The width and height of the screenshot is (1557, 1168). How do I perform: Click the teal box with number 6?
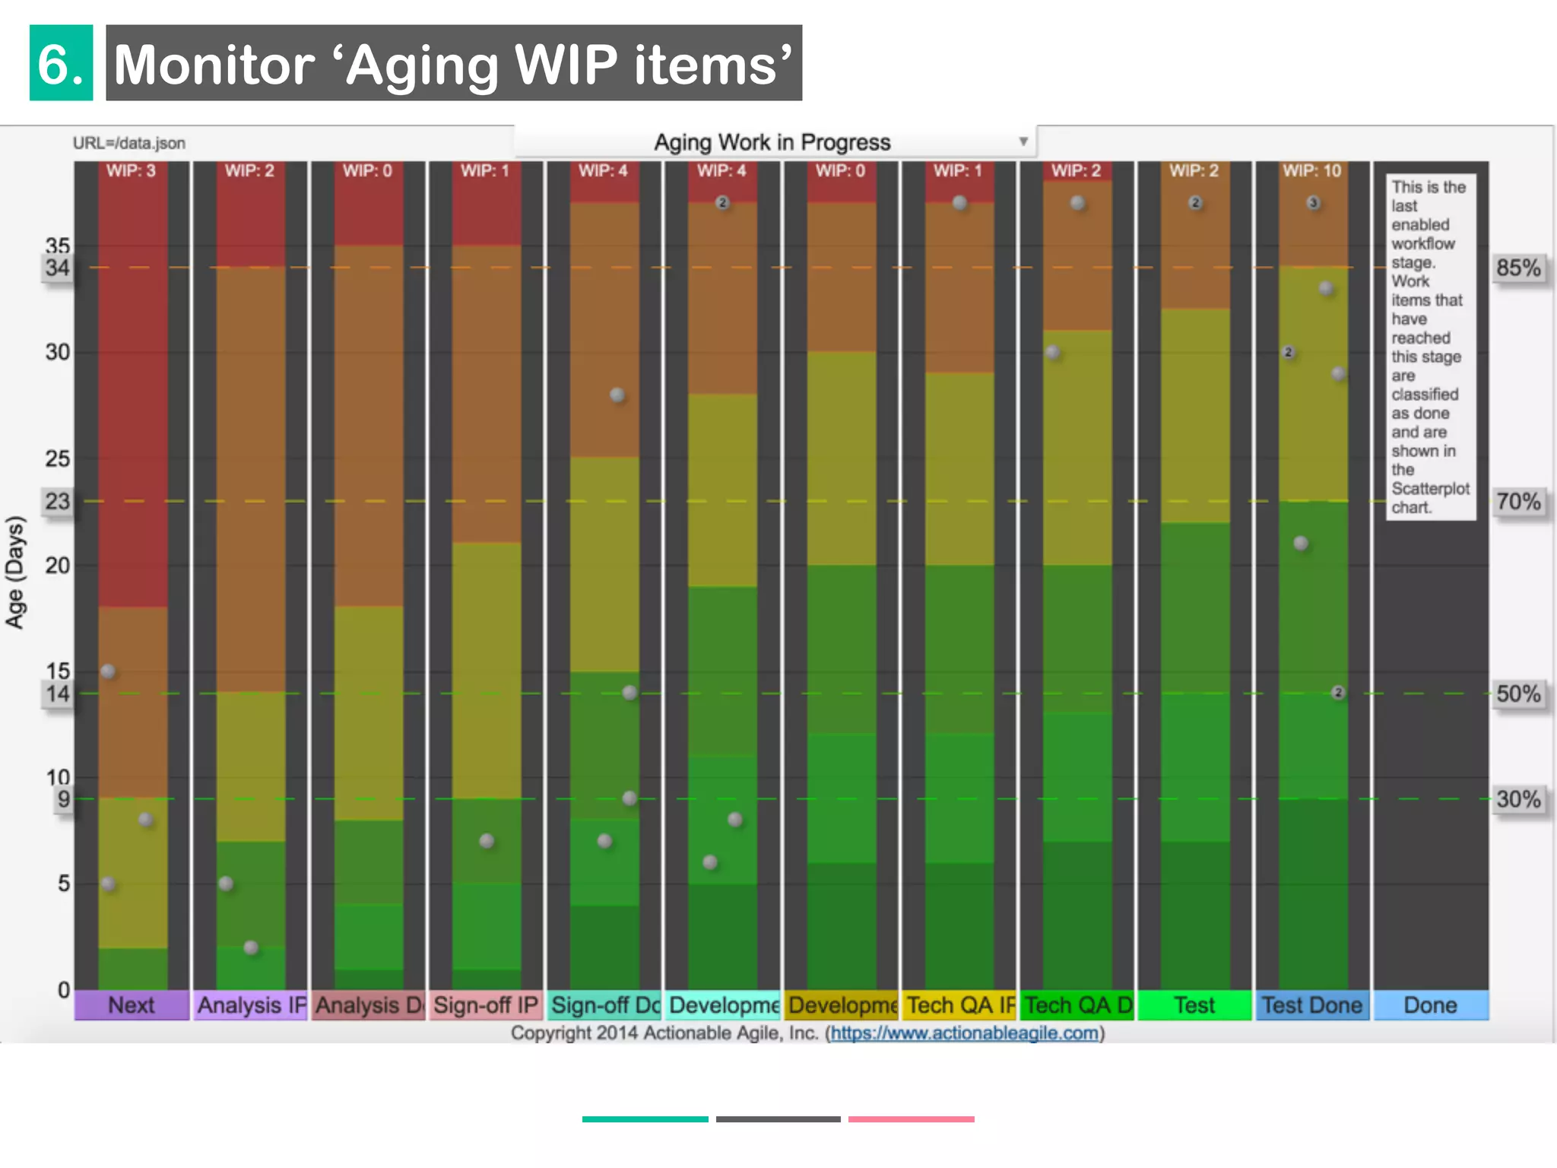[x=61, y=63]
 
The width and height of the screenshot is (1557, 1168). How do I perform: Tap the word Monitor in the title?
[x=214, y=65]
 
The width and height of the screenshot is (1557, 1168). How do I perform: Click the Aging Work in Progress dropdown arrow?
[x=1023, y=141]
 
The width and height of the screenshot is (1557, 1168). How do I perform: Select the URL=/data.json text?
[x=129, y=143]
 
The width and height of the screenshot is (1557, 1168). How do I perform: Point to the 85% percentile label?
[x=1517, y=268]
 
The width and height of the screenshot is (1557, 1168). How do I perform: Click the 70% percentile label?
[x=1517, y=501]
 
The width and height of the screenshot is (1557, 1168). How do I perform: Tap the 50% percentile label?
[x=1517, y=693]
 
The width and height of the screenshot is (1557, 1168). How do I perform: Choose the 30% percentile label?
[x=1517, y=799]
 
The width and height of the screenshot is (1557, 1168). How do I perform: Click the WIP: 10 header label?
[x=1311, y=171]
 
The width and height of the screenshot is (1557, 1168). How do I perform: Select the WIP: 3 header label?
[x=131, y=171]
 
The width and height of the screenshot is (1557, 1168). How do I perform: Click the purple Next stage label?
[x=131, y=1005]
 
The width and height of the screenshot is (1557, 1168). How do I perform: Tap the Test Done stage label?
[x=1311, y=1005]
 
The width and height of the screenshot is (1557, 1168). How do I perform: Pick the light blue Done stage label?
[x=1430, y=1005]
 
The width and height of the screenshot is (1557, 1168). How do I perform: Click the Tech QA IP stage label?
[x=959, y=1005]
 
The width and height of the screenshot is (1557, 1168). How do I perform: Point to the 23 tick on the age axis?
[x=57, y=501]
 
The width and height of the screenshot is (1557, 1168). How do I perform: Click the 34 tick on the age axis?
[x=57, y=268]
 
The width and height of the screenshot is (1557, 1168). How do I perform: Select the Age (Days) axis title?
[x=15, y=572]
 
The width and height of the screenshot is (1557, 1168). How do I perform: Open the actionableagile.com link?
[x=964, y=1033]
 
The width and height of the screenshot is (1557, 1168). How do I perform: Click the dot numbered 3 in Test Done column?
[x=1313, y=203]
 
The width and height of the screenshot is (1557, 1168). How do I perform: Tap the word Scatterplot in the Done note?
[x=1430, y=488]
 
